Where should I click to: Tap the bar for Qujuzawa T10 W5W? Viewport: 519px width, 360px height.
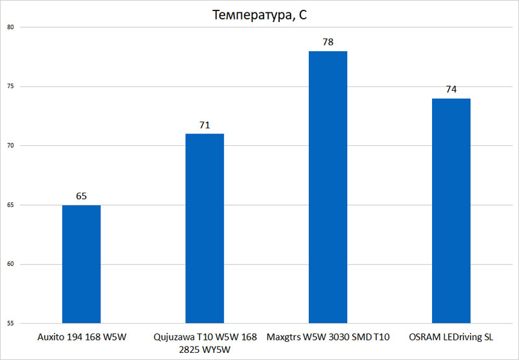pyautogui.click(x=204, y=228)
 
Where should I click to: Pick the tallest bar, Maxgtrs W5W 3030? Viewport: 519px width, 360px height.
pyautogui.click(x=328, y=187)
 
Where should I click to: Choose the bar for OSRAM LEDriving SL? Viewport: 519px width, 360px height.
pyautogui.click(x=451, y=210)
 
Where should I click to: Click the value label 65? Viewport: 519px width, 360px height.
pyautogui.click(x=81, y=195)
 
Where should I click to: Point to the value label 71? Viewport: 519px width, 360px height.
pyautogui.click(x=204, y=125)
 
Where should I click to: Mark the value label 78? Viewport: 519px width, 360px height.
pyautogui.click(x=328, y=42)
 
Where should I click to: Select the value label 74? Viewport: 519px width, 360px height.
pyautogui.click(x=451, y=89)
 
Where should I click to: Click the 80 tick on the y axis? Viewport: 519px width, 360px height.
pyautogui.click(x=11, y=27)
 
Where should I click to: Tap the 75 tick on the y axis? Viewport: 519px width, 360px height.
pyautogui.click(x=11, y=86)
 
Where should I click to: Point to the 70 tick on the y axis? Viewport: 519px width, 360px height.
pyautogui.click(x=11, y=146)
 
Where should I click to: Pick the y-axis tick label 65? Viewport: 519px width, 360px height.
pyautogui.click(x=11, y=205)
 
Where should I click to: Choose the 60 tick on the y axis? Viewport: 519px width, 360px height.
pyautogui.click(x=11, y=264)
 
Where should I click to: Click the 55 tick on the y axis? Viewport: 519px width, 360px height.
pyautogui.click(x=11, y=323)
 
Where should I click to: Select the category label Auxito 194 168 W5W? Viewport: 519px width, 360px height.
pyautogui.click(x=81, y=337)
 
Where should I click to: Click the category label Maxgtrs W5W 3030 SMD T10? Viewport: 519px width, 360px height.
pyautogui.click(x=328, y=337)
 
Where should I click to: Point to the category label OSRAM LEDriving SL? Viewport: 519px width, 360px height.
pyautogui.click(x=451, y=337)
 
